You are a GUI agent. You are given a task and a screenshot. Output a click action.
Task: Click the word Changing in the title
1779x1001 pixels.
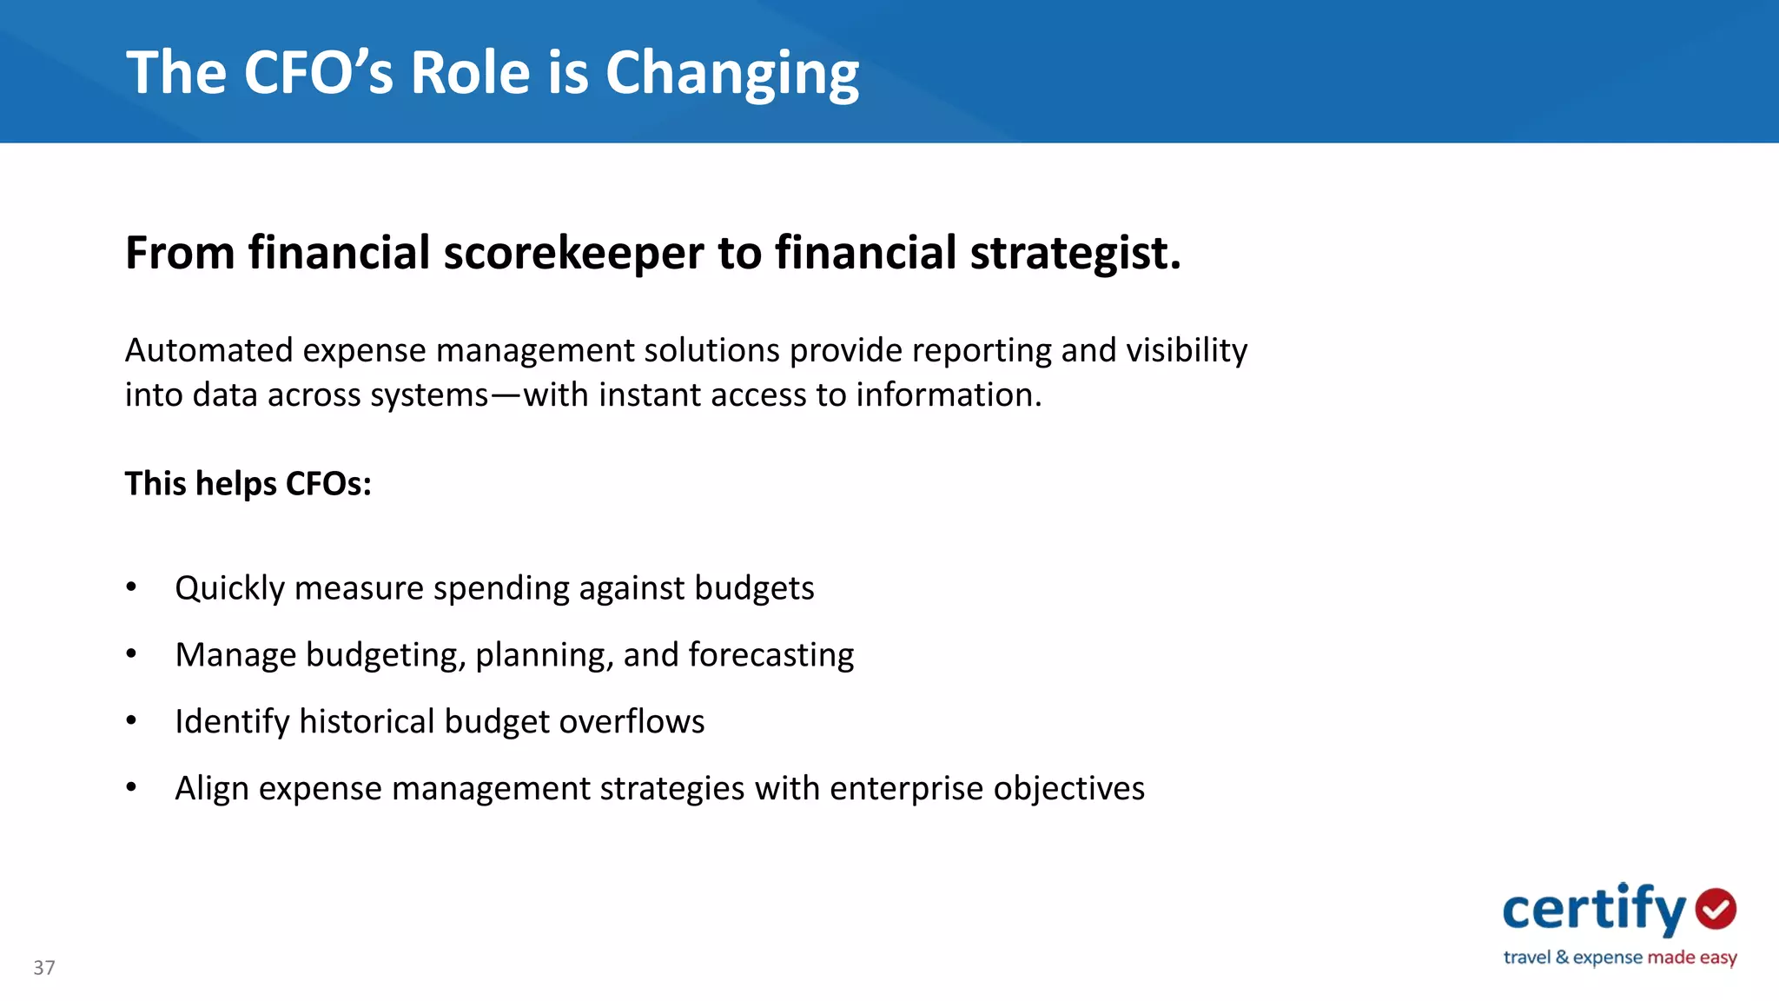tap(731, 73)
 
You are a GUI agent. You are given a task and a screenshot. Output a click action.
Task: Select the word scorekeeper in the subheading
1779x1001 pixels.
tap(573, 253)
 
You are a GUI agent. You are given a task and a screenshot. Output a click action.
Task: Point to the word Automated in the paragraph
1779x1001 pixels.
tap(208, 350)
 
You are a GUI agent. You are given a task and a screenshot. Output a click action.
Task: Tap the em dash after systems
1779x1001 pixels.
tap(506, 395)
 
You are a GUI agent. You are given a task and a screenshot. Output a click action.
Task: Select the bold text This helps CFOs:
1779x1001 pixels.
tap(248, 483)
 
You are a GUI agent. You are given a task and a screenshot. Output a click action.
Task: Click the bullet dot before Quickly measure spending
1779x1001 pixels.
tap(131, 587)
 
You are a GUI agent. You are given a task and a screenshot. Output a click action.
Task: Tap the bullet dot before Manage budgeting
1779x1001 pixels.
tap(131, 653)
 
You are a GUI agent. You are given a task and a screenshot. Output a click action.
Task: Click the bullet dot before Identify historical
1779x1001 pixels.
tap(131, 720)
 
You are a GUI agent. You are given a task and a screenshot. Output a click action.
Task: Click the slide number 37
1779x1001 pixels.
tap(44, 968)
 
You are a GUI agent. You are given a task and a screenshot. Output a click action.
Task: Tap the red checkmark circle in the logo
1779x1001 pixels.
tap(1716, 909)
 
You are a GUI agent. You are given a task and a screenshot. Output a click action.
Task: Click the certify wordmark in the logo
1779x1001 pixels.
tap(1593, 911)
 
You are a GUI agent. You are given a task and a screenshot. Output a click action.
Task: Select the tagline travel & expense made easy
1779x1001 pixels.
tap(1619, 958)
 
